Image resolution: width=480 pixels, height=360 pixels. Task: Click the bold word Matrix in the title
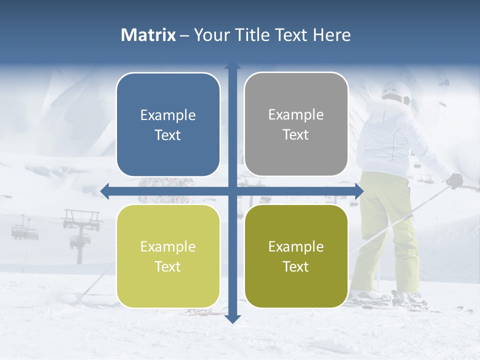click(x=148, y=35)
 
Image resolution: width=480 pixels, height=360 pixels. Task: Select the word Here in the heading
click(x=331, y=35)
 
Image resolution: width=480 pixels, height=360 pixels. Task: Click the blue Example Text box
click(x=168, y=125)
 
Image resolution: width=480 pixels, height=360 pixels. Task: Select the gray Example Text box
click(x=296, y=124)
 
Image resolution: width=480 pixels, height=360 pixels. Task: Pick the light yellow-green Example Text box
click(x=168, y=256)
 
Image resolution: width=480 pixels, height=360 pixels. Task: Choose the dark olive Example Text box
click(x=296, y=256)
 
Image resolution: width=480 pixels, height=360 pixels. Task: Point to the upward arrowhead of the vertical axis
click(x=232, y=66)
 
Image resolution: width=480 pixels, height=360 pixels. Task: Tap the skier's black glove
click(x=454, y=180)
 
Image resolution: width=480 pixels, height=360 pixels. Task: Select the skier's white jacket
click(x=395, y=140)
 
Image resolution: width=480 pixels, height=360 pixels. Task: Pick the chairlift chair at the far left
click(x=20, y=230)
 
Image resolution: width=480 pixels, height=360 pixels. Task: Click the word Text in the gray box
click(x=296, y=135)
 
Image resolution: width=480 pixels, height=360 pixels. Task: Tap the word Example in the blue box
click(x=168, y=115)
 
